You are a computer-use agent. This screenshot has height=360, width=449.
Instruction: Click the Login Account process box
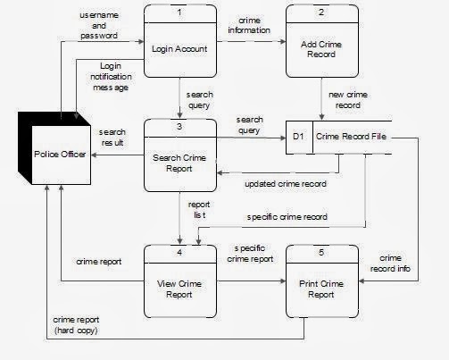tap(180, 41)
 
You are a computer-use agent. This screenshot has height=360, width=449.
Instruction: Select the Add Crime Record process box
tap(322, 41)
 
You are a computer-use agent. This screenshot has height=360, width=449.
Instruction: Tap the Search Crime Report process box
tap(180, 155)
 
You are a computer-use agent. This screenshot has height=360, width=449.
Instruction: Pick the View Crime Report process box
tap(180, 281)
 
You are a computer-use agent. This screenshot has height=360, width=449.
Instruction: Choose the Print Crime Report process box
tap(322, 281)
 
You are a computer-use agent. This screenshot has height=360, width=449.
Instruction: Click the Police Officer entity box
tap(54, 148)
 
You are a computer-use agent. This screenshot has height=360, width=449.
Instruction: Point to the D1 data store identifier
tap(298, 137)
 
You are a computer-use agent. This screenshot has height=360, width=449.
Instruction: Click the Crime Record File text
tap(351, 137)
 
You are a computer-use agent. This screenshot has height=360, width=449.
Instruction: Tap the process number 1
tap(179, 13)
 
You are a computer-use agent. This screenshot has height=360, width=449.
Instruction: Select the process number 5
tap(321, 253)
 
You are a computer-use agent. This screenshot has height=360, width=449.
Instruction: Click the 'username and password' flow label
tap(99, 25)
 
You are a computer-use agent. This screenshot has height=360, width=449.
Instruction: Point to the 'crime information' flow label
tap(249, 25)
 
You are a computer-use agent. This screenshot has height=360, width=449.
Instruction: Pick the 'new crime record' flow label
tap(348, 100)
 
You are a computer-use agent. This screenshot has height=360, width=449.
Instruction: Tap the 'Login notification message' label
tap(111, 77)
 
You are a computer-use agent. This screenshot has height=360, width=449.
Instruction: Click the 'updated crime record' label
tap(286, 184)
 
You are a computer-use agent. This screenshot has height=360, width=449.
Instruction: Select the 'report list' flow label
tap(199, 210)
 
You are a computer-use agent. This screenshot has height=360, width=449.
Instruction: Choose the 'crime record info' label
tap(390, 264)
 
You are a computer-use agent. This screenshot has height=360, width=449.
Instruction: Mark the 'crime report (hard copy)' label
tap(76, 325)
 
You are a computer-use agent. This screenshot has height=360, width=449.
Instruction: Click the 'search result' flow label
tap(112, 138)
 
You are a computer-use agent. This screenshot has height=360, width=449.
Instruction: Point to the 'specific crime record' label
tap(287, 217)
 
